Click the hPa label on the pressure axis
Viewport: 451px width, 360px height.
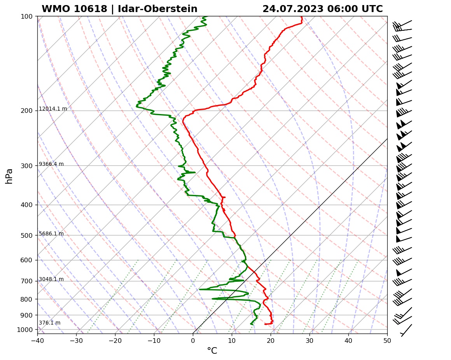click(x=9, y=176)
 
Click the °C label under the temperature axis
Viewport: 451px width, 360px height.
click(x=212, y=351)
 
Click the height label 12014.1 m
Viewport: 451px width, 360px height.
click(x=53, y=109)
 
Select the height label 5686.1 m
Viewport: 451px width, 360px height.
click(x=51, y=234)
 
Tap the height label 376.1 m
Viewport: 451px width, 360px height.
click(x=49, y=323)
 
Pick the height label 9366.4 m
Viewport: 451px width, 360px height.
click(x=51, y=164)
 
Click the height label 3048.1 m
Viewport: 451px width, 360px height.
click(x=51, y=279)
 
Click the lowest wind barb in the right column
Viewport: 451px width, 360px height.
click(x=406, y=330)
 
